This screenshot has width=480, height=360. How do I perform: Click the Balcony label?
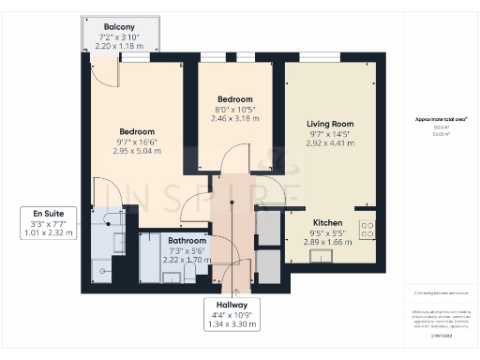[118, 27]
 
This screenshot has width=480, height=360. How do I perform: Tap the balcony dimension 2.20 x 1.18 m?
[118, 44]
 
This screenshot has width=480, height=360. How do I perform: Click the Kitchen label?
[327, 222]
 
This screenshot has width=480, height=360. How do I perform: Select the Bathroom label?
[187, 241]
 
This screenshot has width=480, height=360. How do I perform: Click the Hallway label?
[229, 306]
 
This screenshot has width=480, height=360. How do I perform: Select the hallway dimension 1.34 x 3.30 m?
[229, 324]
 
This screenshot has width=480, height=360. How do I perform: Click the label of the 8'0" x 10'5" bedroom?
[234, 99]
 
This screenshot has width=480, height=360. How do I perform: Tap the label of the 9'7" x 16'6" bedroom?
[137, 132]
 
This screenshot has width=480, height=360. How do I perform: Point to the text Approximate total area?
[442, 120]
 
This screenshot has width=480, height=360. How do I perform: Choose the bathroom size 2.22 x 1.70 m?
[187, 260]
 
